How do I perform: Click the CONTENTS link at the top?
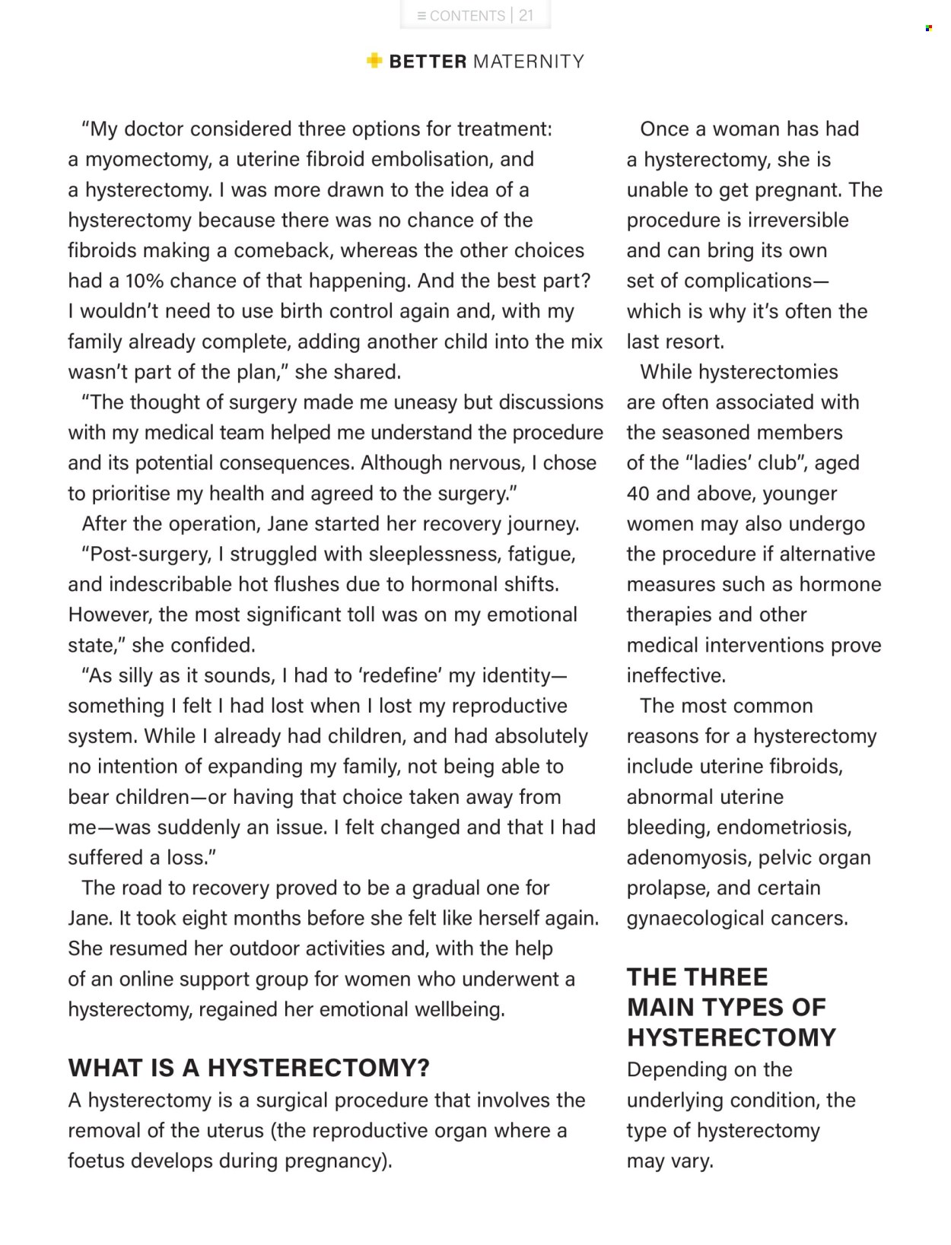pyautogui.click(x=461, y=15)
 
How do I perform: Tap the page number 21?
pyautogui.click(x=526, y=15)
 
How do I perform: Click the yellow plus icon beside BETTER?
pyautogui.click(x=374, y=60)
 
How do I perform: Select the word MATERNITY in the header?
pyautogui.click(x=529, y=62)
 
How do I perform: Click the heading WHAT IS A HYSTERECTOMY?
pyautogui.click(x=249, y=1068)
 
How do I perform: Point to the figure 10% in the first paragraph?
pyautogui.click(x=145, y=281)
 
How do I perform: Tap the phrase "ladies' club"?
pyautogui.click(x=744, y=462)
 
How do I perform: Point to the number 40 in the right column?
pyautogui.click(x=638, y=493)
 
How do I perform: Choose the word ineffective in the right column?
pyautogui.click(x=675, y=675)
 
